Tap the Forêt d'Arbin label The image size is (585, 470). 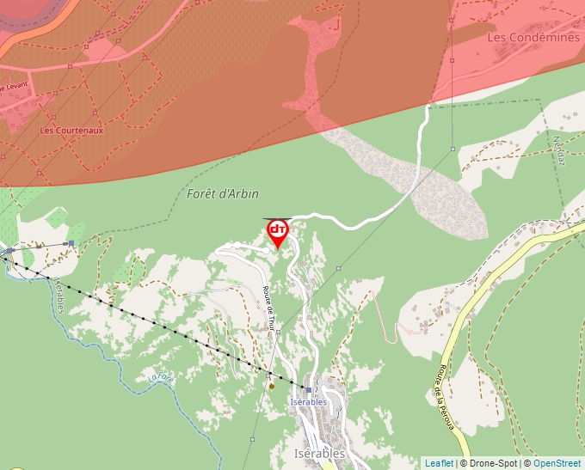(223, 194)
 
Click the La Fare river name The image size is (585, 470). (160, 376)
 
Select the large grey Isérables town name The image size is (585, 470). (319, 453)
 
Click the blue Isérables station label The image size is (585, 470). (309, 402)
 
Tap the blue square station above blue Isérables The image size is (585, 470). (308, 390)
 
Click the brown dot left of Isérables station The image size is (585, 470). (272, 386)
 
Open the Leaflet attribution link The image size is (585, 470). (439, 463)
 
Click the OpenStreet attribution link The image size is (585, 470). (557, 463)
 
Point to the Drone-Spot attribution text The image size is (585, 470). (494, 463)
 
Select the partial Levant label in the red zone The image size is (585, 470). (14, 86)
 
